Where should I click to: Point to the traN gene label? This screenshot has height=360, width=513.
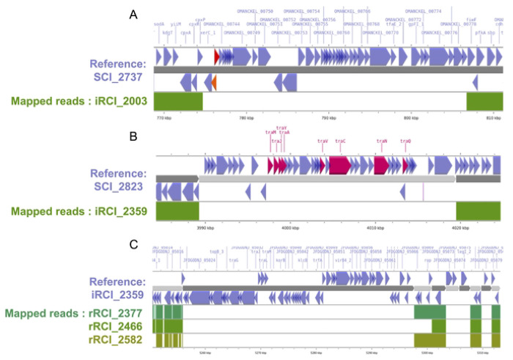click(381, 140)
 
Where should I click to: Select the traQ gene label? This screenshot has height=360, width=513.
click(405, 140)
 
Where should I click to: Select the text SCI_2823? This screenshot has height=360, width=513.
click(127, 187)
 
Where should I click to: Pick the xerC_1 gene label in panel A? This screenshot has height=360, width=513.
click(207, 33)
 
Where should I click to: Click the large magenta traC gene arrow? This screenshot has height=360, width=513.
click(339, 165)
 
